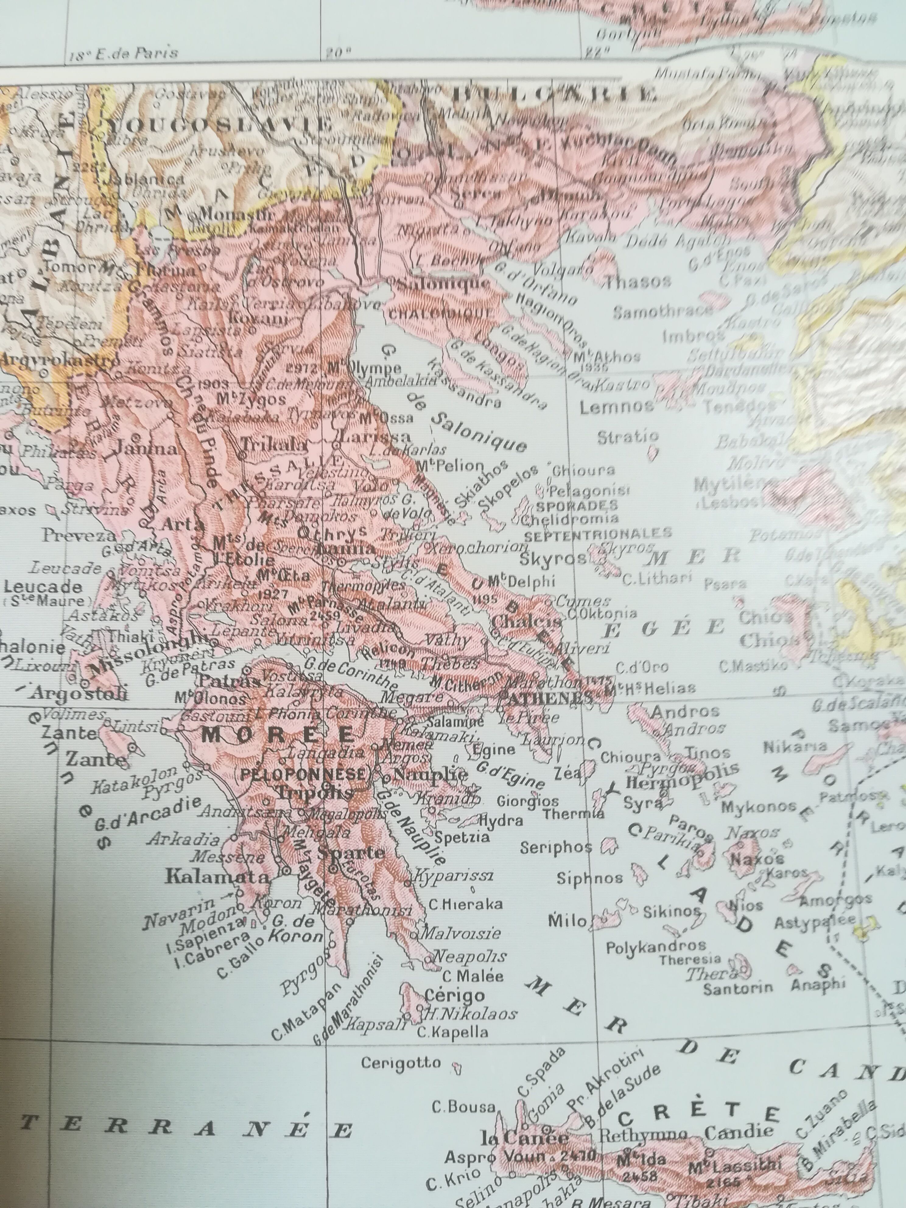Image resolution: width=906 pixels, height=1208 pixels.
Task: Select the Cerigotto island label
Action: pos(401,1062)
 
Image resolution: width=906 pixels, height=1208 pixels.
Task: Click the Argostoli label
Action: pos(80,694)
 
